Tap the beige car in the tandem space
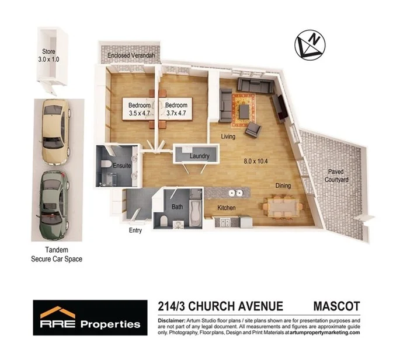tap(54, 132)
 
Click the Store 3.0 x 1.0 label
tap(49, 55)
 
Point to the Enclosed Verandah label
tap(130, 56)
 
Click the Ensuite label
tap(121, 166)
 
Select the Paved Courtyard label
tap(336, 176)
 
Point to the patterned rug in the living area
tap(244, 109)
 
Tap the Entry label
tap(135, 230)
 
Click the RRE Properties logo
tap(90, 319)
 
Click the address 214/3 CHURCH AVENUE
tap(220, 306)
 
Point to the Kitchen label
tap(227, 208)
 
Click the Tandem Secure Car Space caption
tap(56, 254)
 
